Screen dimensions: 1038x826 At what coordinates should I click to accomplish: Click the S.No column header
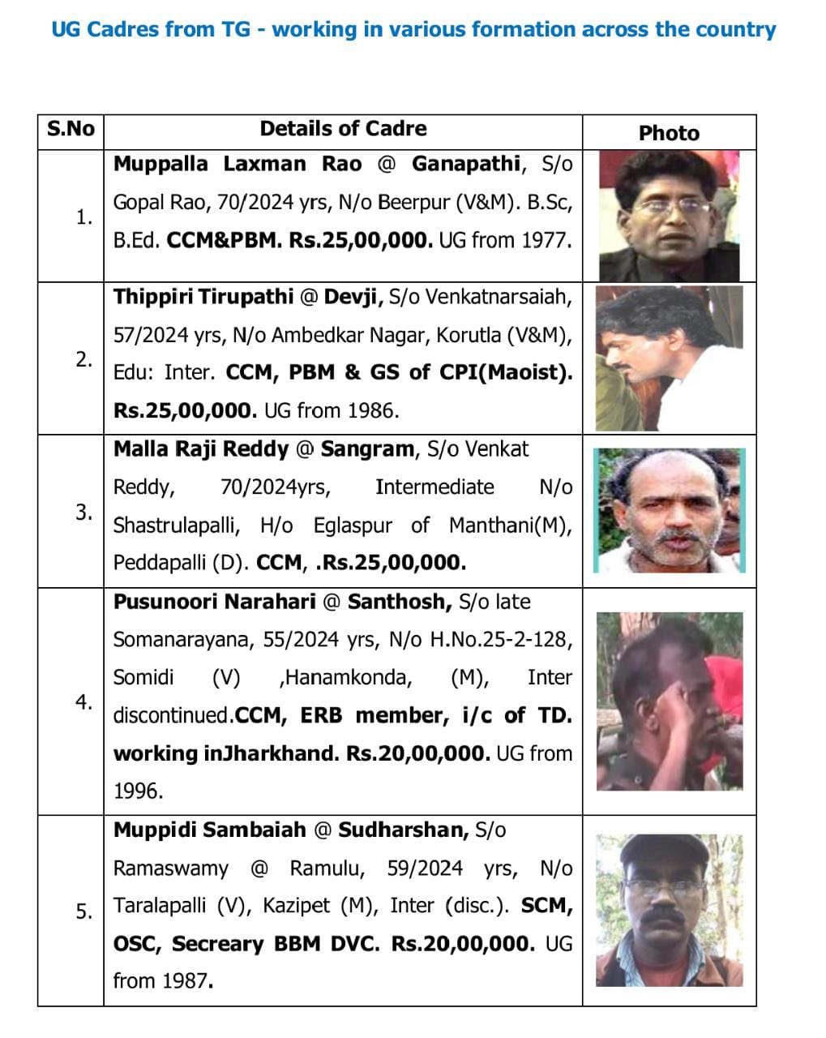(x=71, y=130)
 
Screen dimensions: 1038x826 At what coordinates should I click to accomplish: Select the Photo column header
(x=669, y=133)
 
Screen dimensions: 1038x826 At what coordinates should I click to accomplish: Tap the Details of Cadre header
(x=343, y=129)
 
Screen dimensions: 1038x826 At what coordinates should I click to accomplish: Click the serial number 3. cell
(x=83, y=513)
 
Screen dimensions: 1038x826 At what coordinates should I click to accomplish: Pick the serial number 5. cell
(x=83, y=911)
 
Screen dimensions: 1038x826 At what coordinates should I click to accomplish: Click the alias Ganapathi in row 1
(x=465, y=164)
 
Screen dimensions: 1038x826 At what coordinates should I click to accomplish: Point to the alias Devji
(x=352, y=297)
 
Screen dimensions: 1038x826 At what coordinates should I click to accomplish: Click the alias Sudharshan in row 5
(x=403, y=830)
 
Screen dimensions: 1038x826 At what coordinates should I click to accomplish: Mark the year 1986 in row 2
(x=373, y=410)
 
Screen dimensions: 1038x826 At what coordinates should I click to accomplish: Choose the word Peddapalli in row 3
(x=159, y=563)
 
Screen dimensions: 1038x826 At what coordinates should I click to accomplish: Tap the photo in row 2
(x=669, y=358)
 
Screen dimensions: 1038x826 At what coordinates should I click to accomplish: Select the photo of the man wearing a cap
(x=669, y=910)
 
